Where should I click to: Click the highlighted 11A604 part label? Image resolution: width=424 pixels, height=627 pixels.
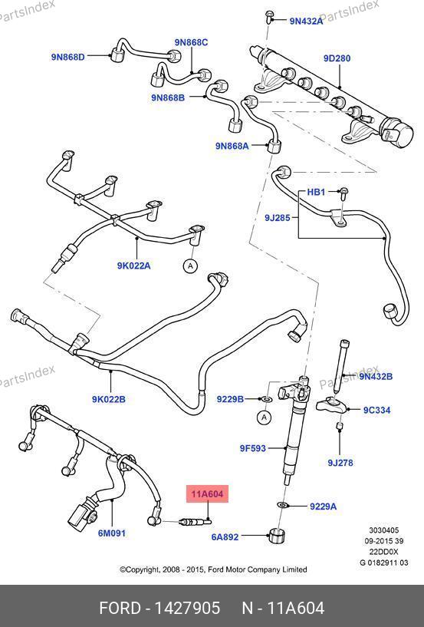coord(208,493)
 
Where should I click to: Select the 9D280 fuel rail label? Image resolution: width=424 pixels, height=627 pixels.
coord(337,58)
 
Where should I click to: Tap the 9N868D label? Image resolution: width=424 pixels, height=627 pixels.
coord(68,57)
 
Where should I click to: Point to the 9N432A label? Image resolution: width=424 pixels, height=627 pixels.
coord(306,21)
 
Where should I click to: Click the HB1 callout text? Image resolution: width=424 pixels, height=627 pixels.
coord(316,192)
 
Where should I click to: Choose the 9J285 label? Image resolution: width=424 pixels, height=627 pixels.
coord(278,218)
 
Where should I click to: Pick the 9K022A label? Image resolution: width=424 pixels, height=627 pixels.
coord(134,266)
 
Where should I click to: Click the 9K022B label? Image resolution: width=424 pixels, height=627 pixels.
coord(109,399)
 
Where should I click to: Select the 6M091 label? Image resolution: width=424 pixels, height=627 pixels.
coord(112,533)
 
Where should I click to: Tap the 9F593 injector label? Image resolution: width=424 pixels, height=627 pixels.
coord(252,448)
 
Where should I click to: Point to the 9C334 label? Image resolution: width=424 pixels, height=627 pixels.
coord(376,410)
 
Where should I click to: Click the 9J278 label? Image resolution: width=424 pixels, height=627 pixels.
coord(340,463)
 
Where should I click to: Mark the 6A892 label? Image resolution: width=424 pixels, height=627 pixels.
coord(225,537)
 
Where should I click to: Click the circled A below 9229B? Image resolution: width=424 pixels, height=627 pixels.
coord(264,417)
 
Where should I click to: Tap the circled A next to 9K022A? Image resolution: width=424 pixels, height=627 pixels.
coord(191,266)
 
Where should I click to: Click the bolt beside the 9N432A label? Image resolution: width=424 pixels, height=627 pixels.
coord(268,17)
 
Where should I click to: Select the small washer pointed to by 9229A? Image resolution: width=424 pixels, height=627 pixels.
coord(283,505)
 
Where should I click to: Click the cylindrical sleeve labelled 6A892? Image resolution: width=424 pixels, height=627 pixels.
coord(276,536)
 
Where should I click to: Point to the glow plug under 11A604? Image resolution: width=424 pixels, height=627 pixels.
coord(196,521)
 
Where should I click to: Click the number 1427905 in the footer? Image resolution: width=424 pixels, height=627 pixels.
coord(187,609)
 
